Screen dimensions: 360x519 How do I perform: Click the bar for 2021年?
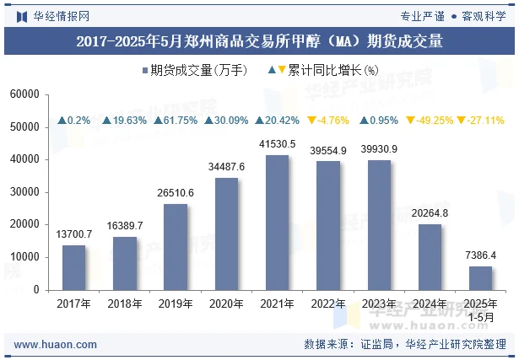[x=277, y=223]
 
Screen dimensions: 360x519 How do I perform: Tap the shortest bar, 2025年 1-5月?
[x=480, y=277]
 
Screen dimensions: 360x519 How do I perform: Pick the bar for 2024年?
[x=430, y=257]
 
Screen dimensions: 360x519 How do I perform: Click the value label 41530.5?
[x=277, y=144]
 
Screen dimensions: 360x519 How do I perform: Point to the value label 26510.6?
[x=175, y=193]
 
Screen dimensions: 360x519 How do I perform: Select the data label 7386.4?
[x=480, y=255]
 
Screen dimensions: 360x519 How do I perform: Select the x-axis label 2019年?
[x=175, y=304]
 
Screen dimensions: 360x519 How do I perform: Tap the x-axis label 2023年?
[x=378, y=304]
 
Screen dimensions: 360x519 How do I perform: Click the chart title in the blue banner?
[x=259, y=40]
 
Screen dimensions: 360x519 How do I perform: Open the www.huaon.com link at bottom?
[x=56, y=345]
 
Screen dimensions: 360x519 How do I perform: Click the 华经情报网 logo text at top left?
[x=61, y=15]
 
